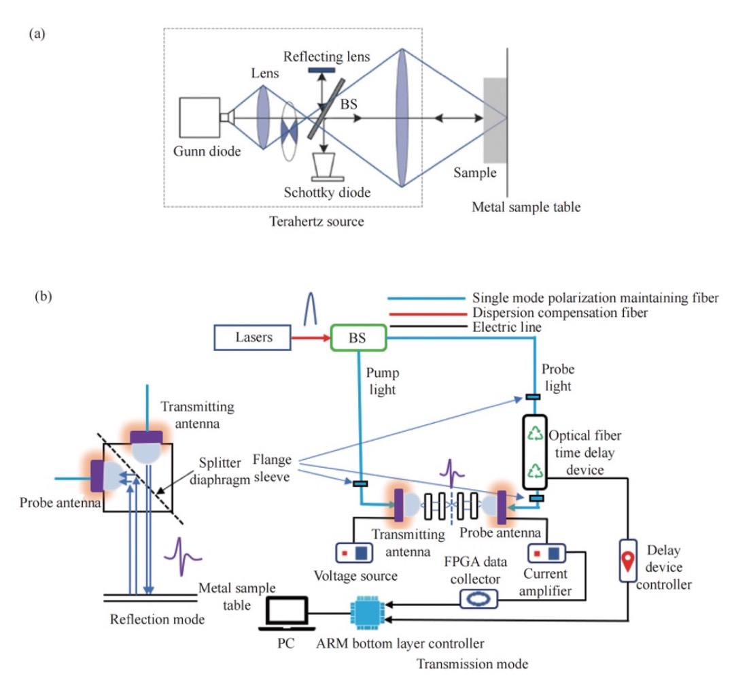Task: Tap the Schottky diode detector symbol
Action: coord(326,165)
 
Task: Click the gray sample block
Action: coord(494,119)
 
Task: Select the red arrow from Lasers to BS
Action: coord(310,335)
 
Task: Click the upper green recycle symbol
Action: coord(536,433)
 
